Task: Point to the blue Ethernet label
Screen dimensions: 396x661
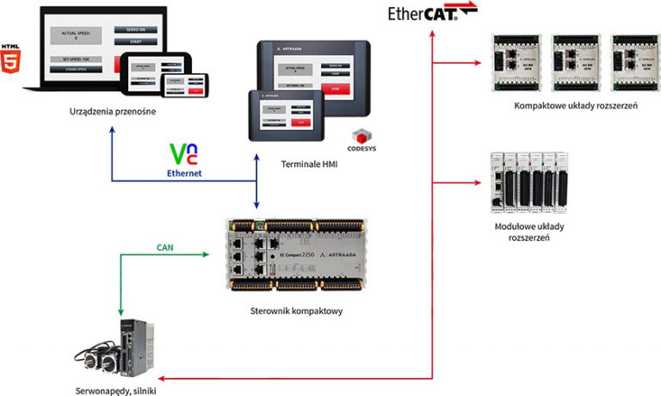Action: click(184, 172)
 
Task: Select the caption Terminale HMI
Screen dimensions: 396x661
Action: click(307, 164)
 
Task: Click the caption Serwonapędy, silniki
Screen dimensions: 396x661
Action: click(115, 389)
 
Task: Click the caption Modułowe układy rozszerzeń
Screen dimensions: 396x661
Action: click(523, 232)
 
